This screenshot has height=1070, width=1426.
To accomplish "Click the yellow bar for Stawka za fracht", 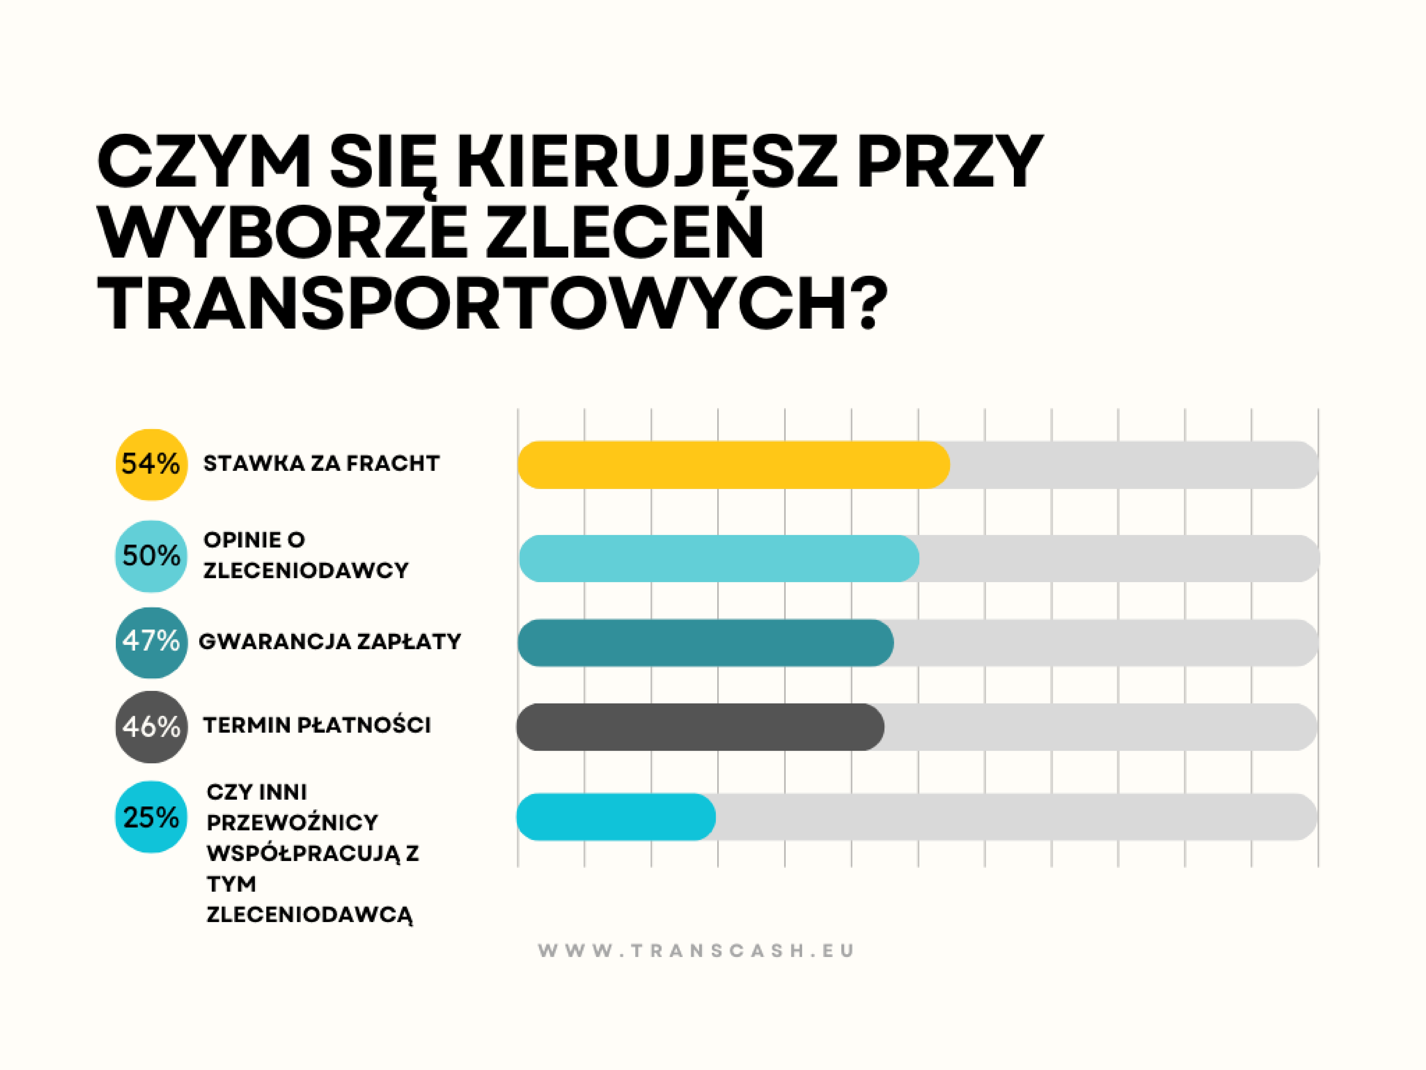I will (733, 464).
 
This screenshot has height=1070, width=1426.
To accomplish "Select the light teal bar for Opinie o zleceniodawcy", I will (719, 559).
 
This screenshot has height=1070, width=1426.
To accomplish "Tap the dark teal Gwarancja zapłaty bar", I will (705, 642).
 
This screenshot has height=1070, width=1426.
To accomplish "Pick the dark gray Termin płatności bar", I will (700, 727).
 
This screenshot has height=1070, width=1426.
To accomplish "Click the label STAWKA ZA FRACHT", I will (321, 463).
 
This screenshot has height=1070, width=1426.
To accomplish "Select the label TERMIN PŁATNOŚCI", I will (316, 725).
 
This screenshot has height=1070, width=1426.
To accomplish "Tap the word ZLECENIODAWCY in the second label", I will (306, 570).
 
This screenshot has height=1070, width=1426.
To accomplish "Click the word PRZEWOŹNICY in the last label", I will (292, 822).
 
